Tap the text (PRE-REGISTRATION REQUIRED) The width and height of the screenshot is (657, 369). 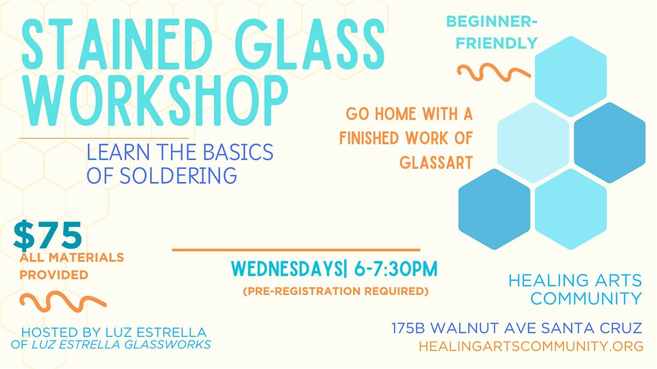(336, 291)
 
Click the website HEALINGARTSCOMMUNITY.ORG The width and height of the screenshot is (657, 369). (531, 346)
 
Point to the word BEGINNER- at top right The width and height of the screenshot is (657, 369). (492, 22)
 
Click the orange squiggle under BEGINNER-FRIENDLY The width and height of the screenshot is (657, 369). (493, 72)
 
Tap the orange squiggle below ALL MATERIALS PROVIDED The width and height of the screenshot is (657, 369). (62, 301)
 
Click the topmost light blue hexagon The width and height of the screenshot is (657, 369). (570, 77)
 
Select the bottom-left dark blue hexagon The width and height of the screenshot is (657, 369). (494, 209)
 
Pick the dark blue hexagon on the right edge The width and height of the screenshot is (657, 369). (609, 143)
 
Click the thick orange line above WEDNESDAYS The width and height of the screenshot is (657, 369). (296, 250)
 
